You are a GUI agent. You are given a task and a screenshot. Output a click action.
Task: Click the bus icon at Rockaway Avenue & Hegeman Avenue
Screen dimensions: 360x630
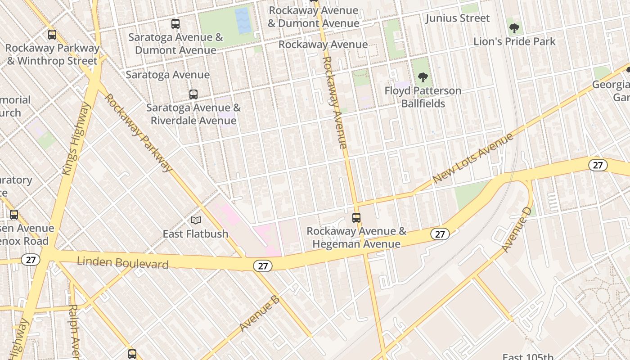coord(356,218)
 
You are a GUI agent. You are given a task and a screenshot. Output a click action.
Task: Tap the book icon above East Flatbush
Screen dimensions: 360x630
coord(195,220)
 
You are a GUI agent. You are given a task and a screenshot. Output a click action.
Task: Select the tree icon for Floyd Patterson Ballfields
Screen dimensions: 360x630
coord(423,77)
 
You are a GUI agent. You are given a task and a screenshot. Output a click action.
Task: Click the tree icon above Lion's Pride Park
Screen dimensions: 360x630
coord(514,29)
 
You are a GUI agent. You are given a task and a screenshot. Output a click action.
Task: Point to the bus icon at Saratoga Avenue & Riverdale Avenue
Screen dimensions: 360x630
coord(193,94)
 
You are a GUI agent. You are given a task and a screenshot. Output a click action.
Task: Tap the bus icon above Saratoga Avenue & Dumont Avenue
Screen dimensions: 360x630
coord(175,24)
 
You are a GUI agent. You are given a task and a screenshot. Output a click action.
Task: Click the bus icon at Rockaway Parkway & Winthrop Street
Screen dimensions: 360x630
coord(52,35)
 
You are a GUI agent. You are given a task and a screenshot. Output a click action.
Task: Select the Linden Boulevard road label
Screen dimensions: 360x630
coord(122,262)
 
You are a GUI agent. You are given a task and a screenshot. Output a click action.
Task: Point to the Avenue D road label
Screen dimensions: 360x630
coord(516,230)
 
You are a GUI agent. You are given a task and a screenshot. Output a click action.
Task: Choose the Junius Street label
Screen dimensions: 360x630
coord(458,18)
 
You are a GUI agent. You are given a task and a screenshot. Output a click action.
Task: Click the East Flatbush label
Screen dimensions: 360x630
coord(195,234)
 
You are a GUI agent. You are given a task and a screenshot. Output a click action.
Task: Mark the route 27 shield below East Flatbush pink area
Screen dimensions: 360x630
coord(263,266)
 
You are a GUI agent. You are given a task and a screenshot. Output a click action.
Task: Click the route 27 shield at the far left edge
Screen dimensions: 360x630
coord(31,260)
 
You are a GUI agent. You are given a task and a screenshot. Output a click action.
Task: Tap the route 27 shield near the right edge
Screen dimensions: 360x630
coord(598,165)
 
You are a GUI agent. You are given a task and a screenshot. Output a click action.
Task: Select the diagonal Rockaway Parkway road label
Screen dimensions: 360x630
coord(138,133)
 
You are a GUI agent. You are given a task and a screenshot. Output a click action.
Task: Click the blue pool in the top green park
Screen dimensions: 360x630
coord(243,21)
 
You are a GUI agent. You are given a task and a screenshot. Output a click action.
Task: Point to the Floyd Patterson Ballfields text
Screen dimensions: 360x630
coord(423,97)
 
